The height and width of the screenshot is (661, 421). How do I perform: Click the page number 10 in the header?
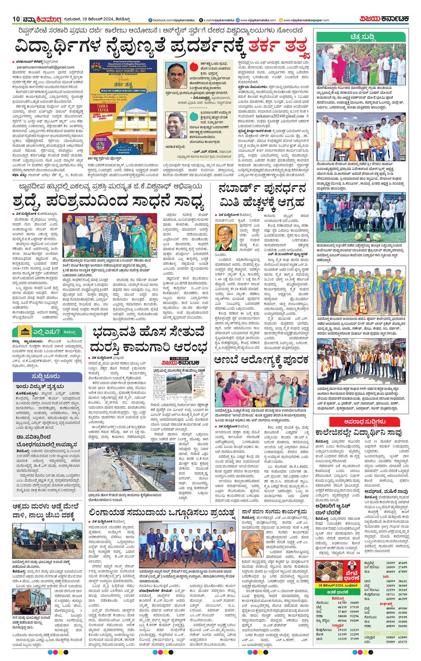(16, 19)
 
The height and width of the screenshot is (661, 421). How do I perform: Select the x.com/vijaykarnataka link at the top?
(219, 20)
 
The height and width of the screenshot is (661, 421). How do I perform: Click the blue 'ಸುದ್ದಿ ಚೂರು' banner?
(48, 376)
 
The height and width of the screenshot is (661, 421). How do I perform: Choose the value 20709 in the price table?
(402, 594)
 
